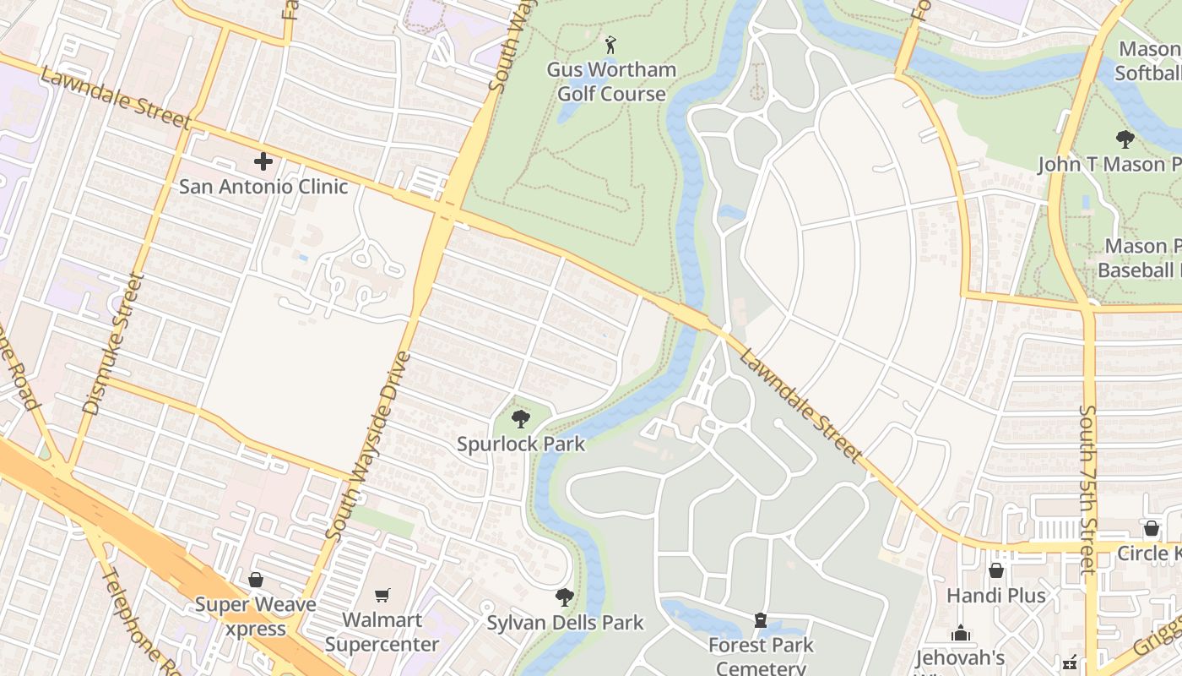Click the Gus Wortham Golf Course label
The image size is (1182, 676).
click(611, 82)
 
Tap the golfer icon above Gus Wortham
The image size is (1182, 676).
click(611, 44)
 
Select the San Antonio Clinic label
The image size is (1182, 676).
click(263, 186)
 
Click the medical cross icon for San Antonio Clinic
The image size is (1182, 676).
click(263, 161)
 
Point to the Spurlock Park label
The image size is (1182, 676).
click(521, 444)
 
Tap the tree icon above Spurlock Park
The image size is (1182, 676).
click(521, 418)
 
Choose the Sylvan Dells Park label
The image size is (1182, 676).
click(565, 624)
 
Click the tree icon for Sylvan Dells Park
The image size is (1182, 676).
click(565, 597)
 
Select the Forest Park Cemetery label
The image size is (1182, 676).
click(761, 656)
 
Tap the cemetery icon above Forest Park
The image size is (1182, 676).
click(761, 621)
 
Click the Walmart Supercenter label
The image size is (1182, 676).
click(382, 632)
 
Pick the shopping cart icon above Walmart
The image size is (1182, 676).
click(382, 595)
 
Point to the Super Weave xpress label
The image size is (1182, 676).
click(255, 616)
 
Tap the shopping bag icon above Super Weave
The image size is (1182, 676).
click(255, 580)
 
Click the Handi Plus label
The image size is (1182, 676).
click(995, 596)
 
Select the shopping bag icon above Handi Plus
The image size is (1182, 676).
click(995, 570)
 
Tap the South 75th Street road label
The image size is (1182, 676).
click(1087, 490)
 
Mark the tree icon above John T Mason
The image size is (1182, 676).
click(1124, 139)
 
